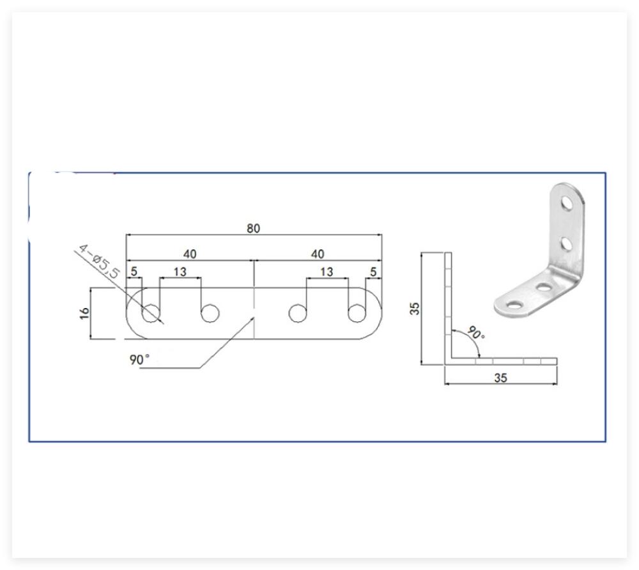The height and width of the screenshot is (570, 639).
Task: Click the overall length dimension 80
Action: pyautogui.click(x=253, y=228)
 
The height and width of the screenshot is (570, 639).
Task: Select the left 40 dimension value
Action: pyautogui.click(x=190, y=254)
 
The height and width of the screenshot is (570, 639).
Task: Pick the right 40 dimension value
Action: pyautogui.click(x=318, y=254)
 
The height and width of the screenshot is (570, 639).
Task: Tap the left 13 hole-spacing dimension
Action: pyautogui.click(x=180, y=272)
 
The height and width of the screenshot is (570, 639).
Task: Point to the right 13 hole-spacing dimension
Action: pyautogui.click(x=327, y=272)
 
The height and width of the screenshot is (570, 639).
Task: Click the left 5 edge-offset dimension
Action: pyautogui.click(x=134, y=272)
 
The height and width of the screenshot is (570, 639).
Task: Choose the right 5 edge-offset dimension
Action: pyautogui.click(x=373, y=272)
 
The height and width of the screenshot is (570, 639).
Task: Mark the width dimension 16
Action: pyautogui.click(x=84, y=313)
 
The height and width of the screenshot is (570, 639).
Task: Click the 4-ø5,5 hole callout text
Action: pyautogui.click(x=99, y=261)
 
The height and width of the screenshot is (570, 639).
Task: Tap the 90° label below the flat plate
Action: pyautogui.click(x=139, y=359)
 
